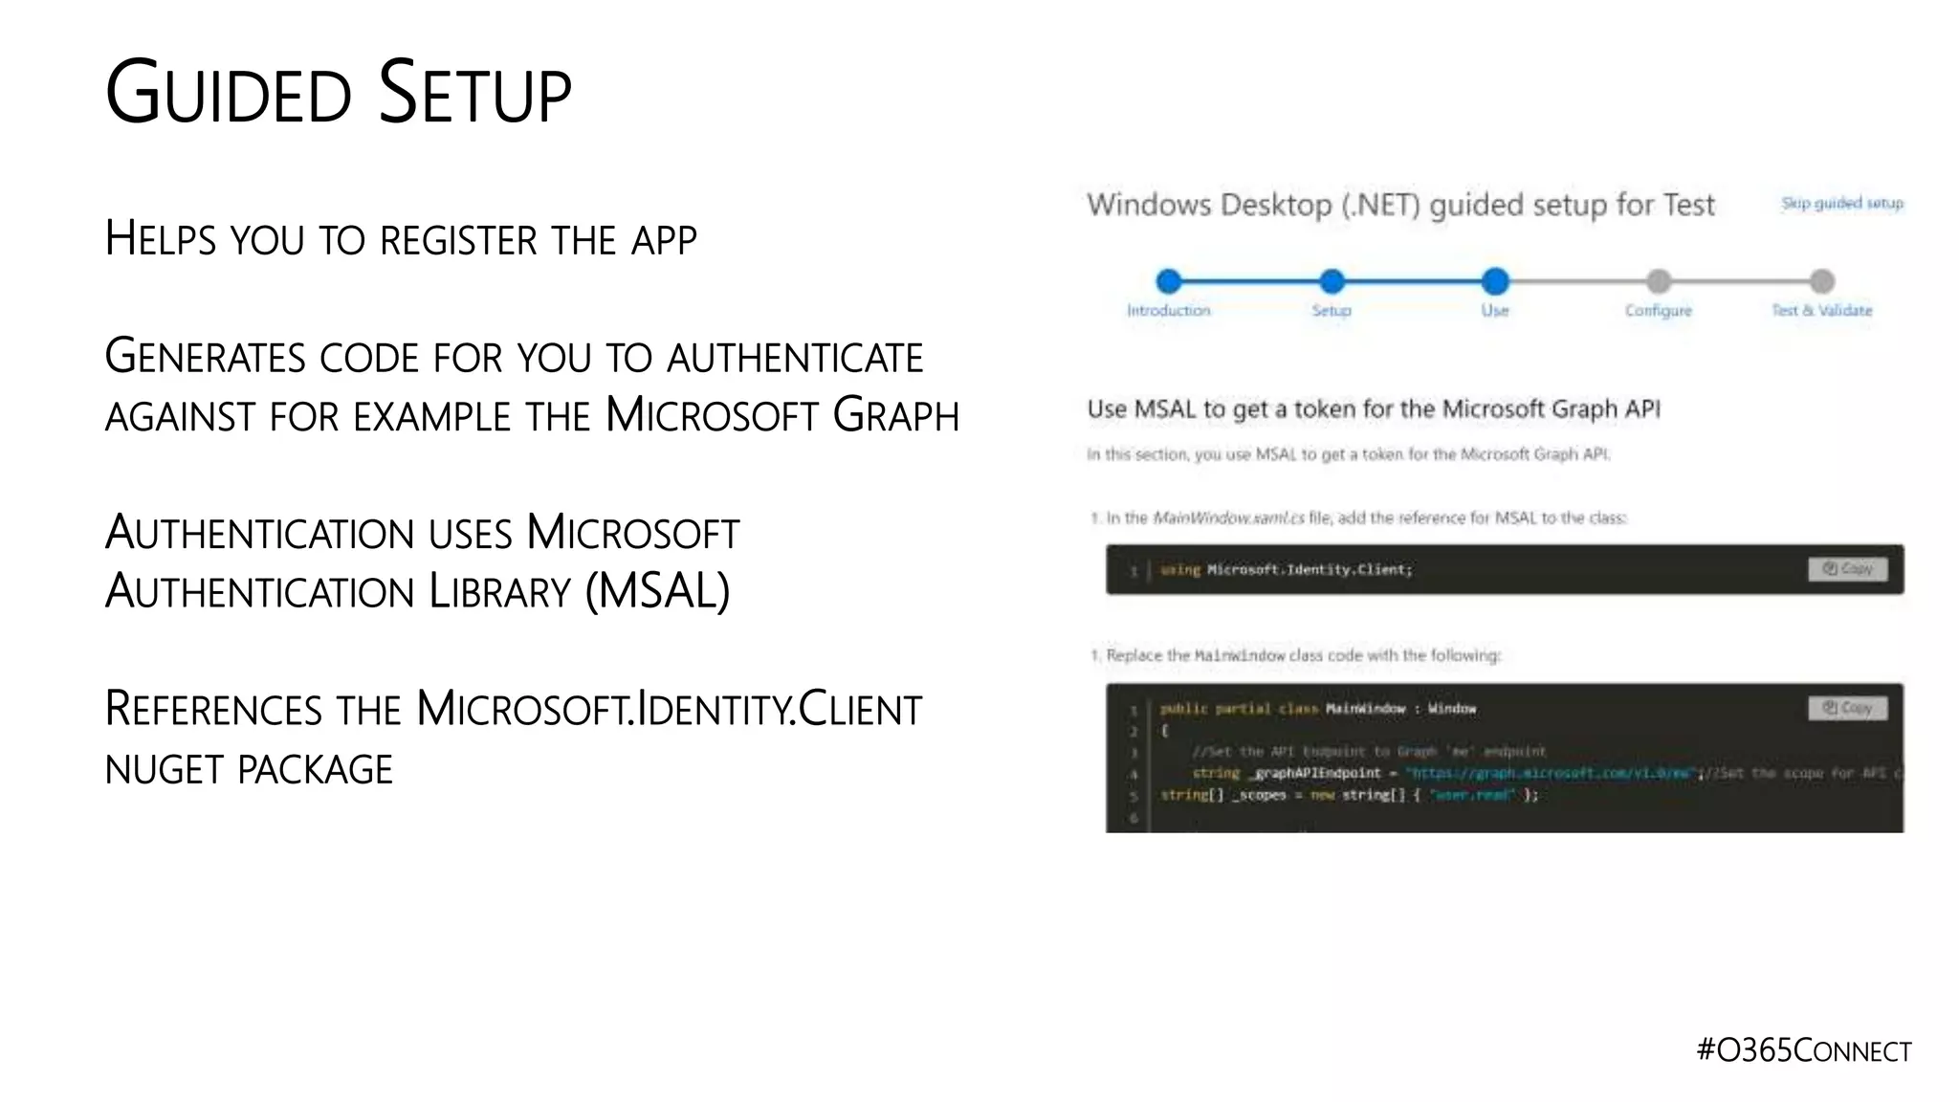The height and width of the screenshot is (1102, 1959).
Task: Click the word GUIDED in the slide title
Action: pos(228,94)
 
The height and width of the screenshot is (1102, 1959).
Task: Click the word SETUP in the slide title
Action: pos(474,94)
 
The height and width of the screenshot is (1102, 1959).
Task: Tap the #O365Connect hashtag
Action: pos(1803,1050)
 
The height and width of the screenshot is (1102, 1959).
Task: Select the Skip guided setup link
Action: pos(1841,203)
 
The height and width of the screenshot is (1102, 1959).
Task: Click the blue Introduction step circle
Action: pos(1168,281)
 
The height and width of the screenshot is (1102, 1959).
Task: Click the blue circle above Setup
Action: pos(1332,281)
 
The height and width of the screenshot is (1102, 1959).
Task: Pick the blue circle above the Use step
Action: pos(1495,281)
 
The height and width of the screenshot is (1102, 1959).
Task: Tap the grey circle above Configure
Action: pos(1659,281)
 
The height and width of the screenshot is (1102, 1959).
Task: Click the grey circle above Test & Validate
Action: pos(1822,281)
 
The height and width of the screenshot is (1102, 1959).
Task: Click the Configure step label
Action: pos(1658,311)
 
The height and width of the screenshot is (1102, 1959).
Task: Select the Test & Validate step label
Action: pos(1821,311)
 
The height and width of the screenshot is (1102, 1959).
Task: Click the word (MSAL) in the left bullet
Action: pos(657,591)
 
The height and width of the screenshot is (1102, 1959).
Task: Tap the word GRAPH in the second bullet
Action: pos(895,416)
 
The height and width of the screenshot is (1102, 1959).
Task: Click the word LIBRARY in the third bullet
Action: pos(499,591)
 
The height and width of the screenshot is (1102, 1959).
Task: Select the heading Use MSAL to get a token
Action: pos(1373,409)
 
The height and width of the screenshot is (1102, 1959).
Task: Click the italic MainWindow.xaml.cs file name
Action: pos(1228,518)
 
